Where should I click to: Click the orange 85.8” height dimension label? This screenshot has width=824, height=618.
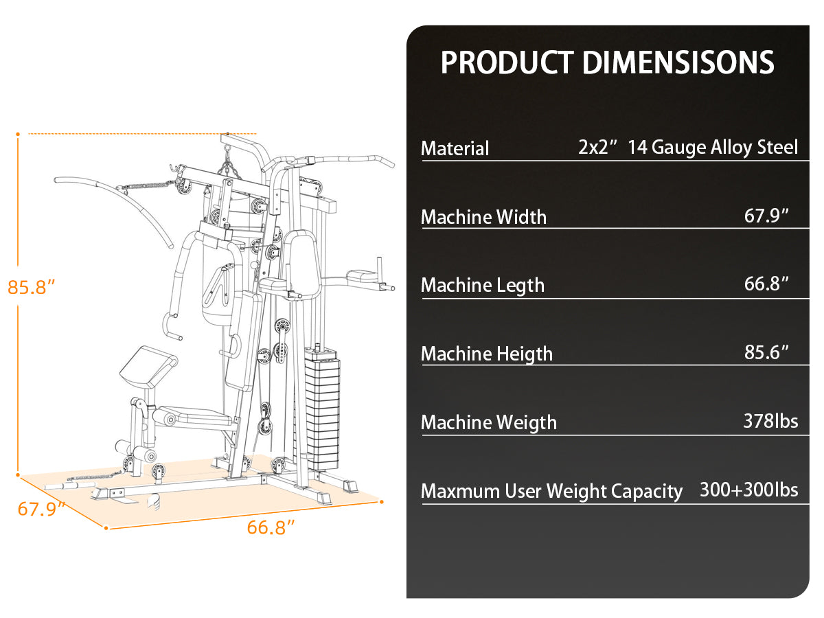[32, 287]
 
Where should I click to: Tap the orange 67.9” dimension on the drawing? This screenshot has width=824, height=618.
[41, 509]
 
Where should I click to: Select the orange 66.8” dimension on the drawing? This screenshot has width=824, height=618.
[271, 527]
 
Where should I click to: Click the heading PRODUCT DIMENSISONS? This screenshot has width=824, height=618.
[607, 62]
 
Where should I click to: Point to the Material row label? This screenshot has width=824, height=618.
[455, 148]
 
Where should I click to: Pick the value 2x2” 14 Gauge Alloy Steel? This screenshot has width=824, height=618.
[688, 147]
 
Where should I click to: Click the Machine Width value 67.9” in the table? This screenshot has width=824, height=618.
[766, 216]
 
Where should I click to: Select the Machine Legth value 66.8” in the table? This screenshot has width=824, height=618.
[766, 284]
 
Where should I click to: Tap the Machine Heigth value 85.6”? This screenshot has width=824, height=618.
[766, 352]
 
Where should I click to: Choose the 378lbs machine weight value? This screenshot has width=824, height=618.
[770, 421]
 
